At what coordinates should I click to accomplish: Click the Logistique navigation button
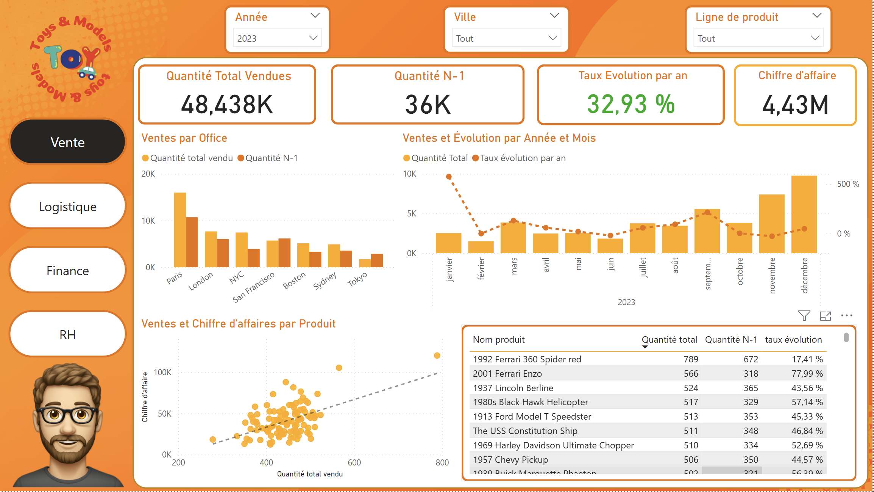point(67,207)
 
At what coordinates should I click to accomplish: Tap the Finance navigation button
point(67,271)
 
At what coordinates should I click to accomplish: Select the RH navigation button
point(67,335)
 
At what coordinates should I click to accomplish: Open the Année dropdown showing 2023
point(277,38)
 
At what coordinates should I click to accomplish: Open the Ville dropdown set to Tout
point(506,38)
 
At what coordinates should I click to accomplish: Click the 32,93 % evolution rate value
point(631,104)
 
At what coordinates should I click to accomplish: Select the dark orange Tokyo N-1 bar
point(377,260)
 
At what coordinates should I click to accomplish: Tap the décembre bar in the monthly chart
point(804,214)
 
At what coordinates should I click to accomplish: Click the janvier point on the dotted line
point(449,177)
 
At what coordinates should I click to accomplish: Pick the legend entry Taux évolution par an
point(523,158)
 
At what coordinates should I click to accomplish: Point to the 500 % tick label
point(848,184)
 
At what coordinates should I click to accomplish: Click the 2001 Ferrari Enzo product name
point(507,374)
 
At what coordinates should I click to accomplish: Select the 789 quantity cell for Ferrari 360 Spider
point(691,359)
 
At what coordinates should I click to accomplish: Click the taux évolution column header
point(793,340)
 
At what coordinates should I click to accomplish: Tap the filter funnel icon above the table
point(804,315)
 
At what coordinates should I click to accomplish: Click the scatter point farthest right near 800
point(437,356)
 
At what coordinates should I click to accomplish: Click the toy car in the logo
point(87,72)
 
